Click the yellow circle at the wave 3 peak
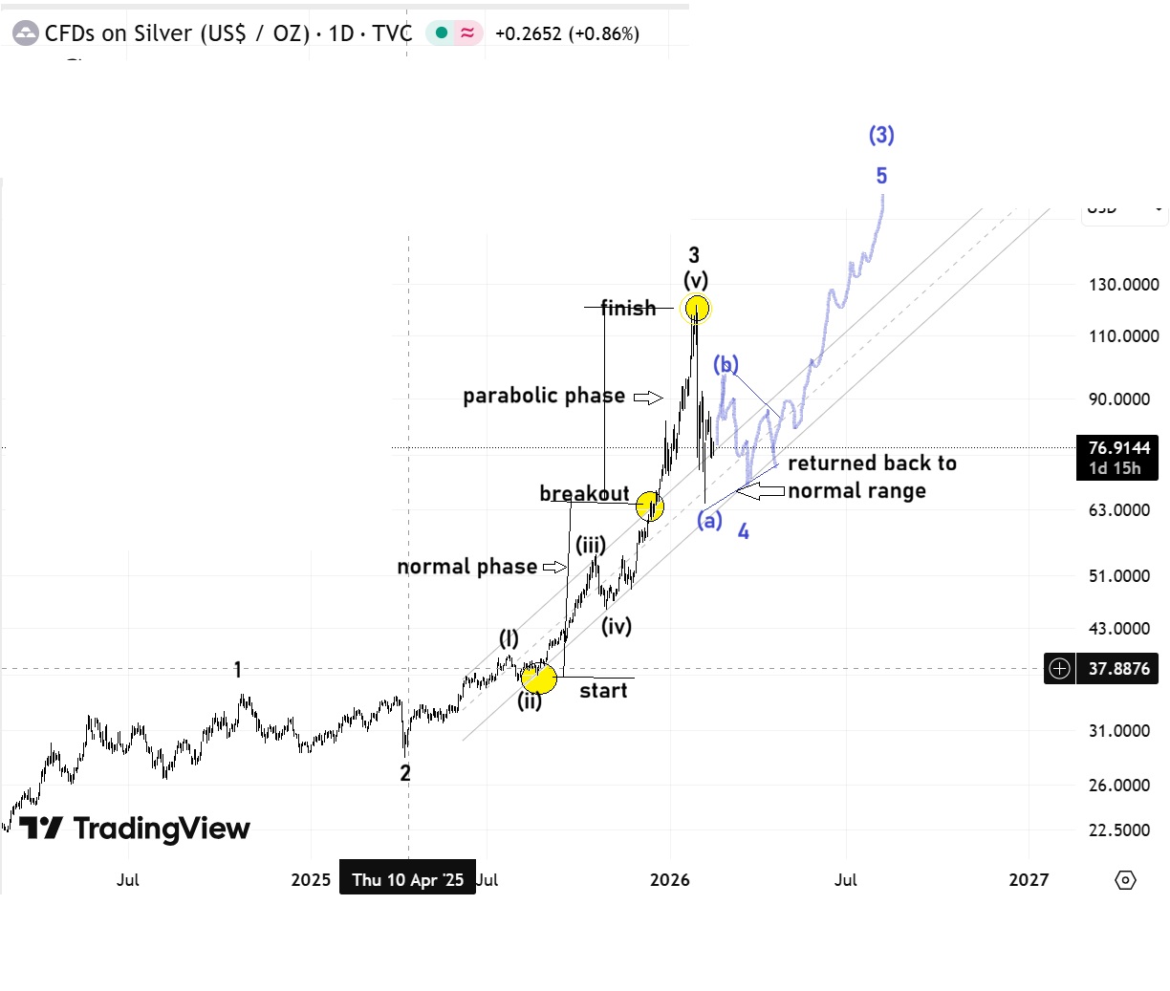(x=697, y=308)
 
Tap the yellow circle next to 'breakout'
(x=650, y=506)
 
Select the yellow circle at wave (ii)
(x=539, y=679)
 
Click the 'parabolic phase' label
(x=544, y=396)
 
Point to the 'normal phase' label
(x=466, y=567)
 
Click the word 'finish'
(x=628, y=308)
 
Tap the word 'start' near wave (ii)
(x=603, y=691)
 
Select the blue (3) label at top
(x=881, y=135)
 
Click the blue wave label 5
(x=881, y=176)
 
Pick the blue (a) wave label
(x=709, y=520)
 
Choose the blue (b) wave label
(x=726, y=364)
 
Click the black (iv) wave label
(x=617, y=626)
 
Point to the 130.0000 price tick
(x=1124, y=285)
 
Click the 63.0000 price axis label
(x=1119, y=510)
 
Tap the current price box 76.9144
(x=1118, y=448)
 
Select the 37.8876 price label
(x=1118, y=669)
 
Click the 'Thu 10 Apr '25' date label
(x=407, y=879)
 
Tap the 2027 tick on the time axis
(x=1029, y=879)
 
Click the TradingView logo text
(x=161, y=828)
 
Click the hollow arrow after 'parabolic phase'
(x=648, y=397)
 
